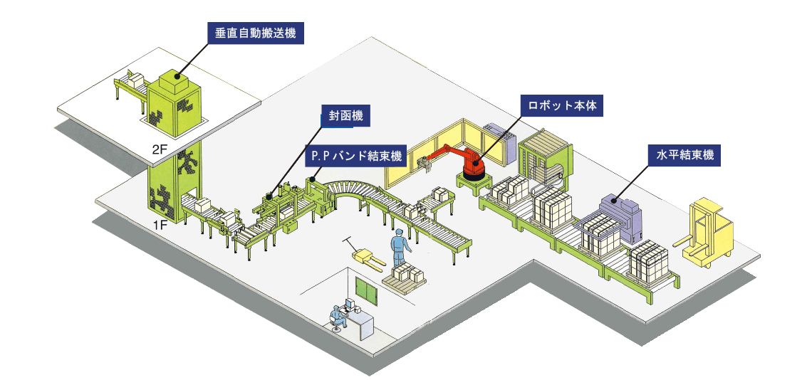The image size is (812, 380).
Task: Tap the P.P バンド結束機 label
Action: pyautogui.click(x=354, y=155)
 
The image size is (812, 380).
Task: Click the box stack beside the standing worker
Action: pyautogui.click(x=408, y=274)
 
